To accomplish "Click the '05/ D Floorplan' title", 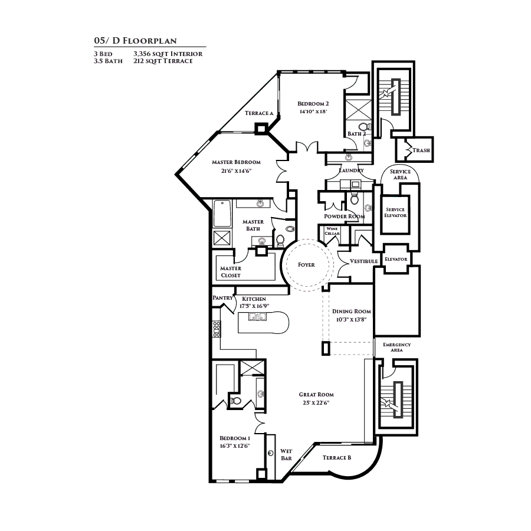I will (x=135, y=41).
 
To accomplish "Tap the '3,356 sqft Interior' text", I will (x=168, y=54).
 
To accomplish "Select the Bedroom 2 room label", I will (x=313, y=103).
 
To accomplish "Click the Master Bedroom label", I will (x=236, y=162).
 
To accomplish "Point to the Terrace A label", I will (x=258, y=113).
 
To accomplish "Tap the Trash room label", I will (x=421, y=150).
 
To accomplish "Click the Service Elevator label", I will (x=395, y=212).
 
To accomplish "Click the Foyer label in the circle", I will (x=306, y=265).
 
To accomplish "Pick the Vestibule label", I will (x=363, y=261).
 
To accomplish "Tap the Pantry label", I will (x=222, y=298).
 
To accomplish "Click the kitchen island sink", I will (x=257, y=318).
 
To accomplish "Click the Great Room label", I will (x=316, y=395).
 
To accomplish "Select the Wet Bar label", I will (x=286, y=454).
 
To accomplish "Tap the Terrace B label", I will (x=337, y=458).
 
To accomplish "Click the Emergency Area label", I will (x=396, y=347).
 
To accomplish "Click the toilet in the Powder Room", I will (x=354, y=199).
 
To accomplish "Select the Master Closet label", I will (x=231, y=272).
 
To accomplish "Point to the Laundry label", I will (x=351, y=171).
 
